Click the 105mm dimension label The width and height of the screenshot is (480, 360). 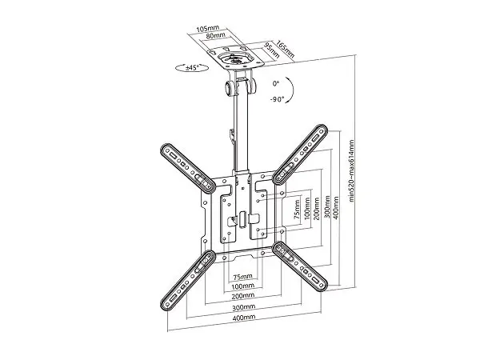coord(208,29)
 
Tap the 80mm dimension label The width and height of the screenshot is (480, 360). coord(215,36)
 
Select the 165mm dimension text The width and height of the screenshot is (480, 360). coord(286,49)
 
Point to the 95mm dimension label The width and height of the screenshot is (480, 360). coord(272,50)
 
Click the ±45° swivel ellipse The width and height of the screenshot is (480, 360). coord(192,68)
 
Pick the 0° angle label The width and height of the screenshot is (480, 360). coord(276,83)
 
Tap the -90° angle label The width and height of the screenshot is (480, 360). coord(277,99)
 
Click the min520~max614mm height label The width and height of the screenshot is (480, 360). coord(351,171)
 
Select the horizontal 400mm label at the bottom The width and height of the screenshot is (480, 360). coord(244,318)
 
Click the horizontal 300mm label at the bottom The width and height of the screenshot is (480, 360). coord(244,307)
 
